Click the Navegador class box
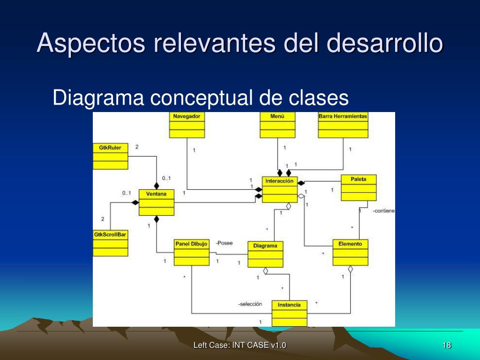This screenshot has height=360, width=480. [187, 125]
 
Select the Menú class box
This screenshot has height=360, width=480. [277, 125]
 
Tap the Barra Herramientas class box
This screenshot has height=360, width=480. [343, 125]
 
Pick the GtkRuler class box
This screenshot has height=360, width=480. [110, 156]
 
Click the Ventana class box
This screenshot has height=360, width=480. [156, 202]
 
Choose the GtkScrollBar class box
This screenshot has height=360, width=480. [110, 243]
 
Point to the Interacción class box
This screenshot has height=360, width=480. [279, 189]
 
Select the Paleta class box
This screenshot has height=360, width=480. [359, 187]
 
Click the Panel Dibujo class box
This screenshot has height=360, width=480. [191, 252]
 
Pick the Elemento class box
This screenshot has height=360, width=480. [350, 252]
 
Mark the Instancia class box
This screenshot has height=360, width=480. [289, 313]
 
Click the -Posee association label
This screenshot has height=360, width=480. [224, 243]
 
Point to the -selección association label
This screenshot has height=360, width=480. [250, 304]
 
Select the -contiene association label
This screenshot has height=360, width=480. [384, 211]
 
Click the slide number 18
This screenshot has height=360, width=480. [447, 345]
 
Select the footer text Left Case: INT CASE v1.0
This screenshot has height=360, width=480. [240, 345]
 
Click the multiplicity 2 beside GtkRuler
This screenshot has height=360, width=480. [137, 147]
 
